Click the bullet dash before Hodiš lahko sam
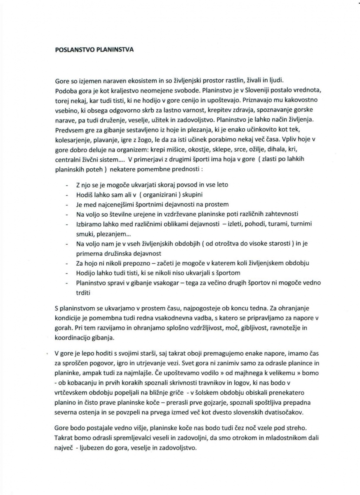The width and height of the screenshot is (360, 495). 67,194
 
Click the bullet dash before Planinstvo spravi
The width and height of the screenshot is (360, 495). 67,283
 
